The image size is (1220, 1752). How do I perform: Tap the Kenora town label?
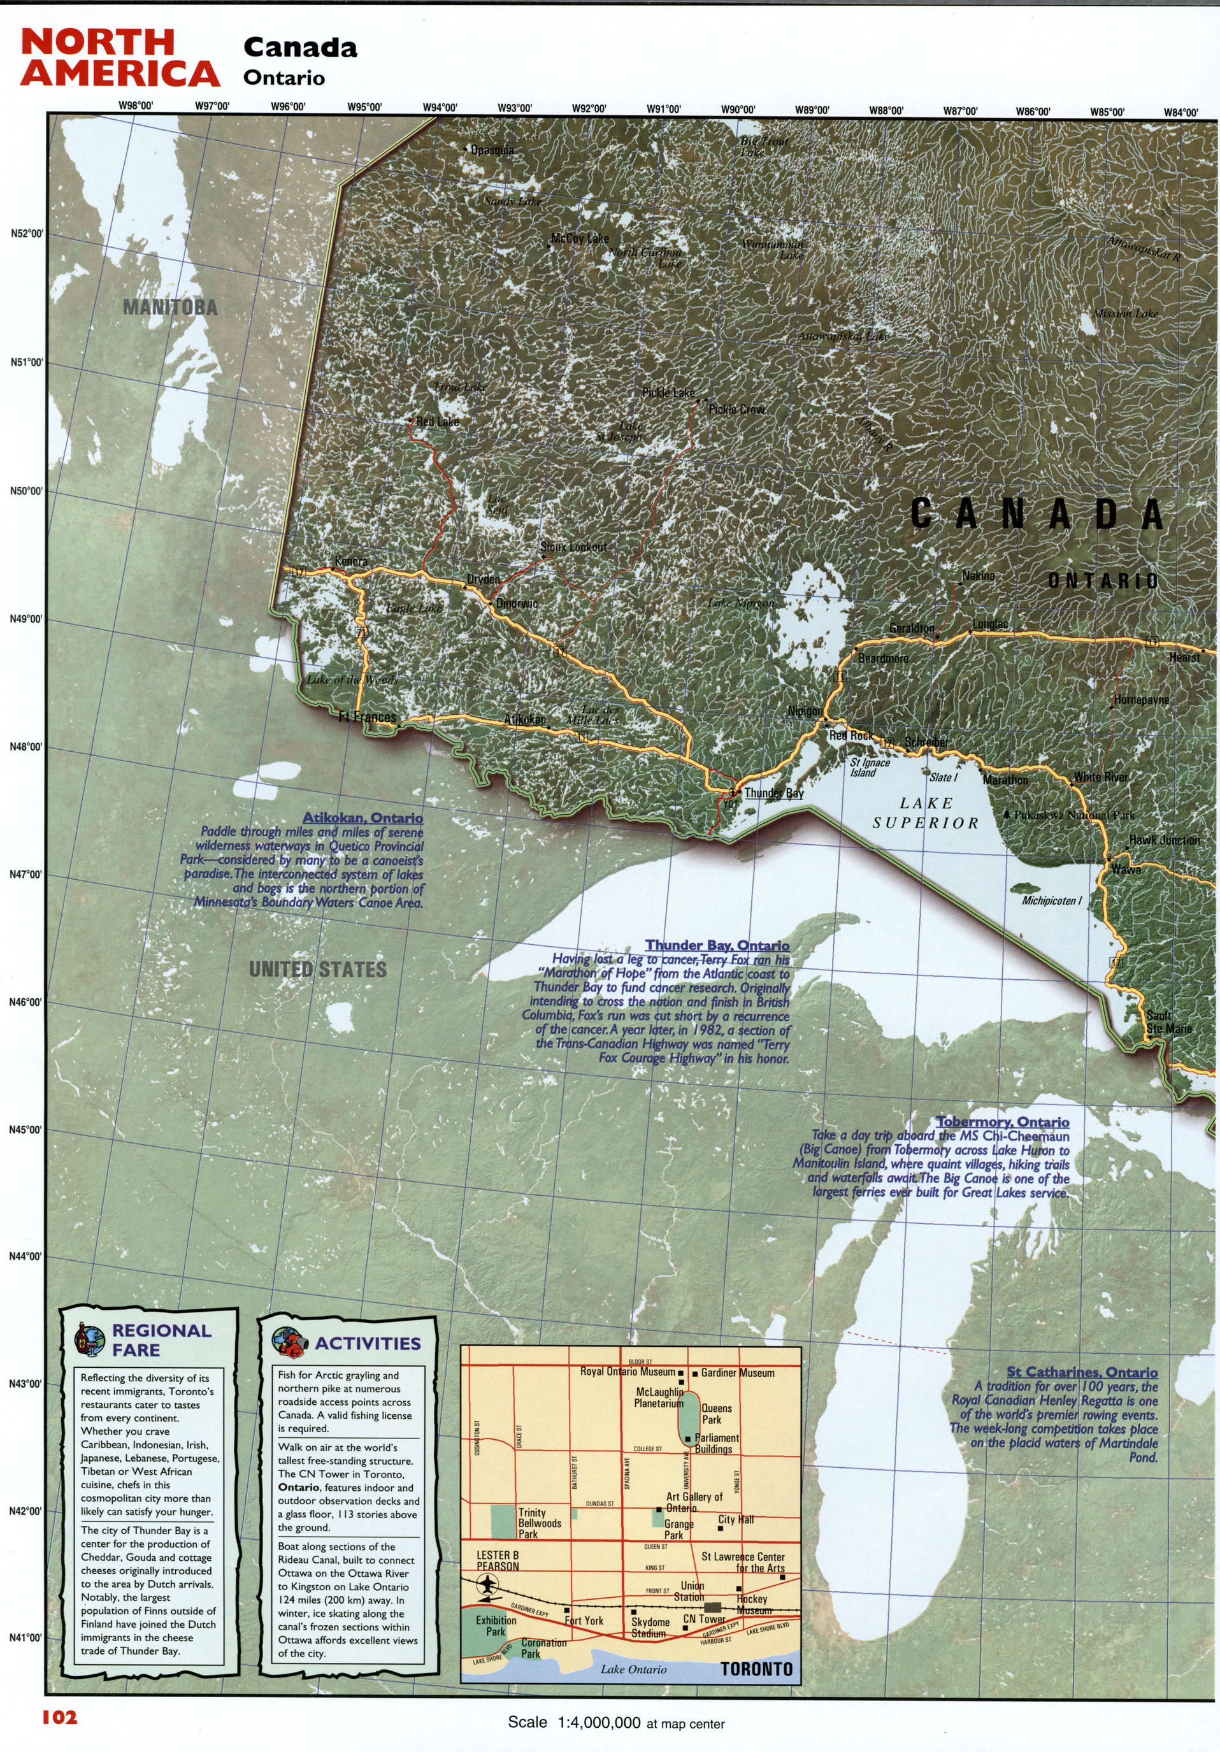351,562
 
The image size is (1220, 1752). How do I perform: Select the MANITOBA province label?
170,308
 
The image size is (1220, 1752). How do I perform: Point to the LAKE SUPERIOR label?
926,813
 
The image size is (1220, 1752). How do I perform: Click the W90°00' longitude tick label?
738,109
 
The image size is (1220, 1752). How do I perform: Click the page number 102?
59,1717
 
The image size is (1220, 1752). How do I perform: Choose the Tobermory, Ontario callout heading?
1001,1122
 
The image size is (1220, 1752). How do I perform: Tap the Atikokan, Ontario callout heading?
362,818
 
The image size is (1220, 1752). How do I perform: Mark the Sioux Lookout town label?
573,547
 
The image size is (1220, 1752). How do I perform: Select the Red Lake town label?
437,421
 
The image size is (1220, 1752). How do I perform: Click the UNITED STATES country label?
317,969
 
